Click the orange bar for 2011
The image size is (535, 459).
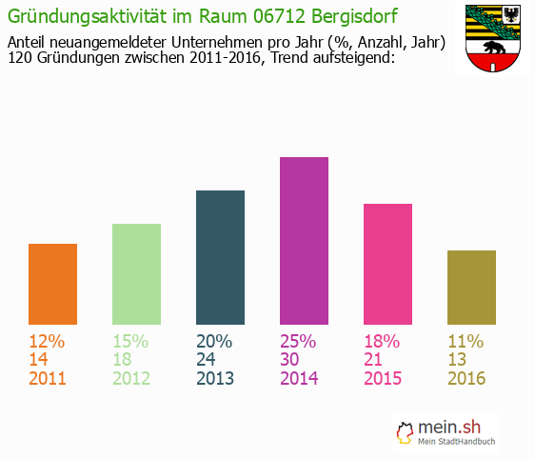pos(52,284)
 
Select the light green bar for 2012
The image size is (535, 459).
pos(136,274)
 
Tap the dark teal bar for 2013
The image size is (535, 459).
pos(220,257)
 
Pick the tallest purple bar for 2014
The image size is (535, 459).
pos(304,241)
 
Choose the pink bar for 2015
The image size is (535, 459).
pos(387,264)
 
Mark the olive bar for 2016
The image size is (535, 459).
pos(471,288)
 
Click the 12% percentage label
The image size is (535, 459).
pos(47,341)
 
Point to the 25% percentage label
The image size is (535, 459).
pos(298,341)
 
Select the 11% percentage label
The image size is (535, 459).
pos(466,341)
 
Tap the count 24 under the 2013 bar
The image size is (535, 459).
pos(207,360)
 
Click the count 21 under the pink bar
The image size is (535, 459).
pos(374,360)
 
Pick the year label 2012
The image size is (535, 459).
pos(131,378)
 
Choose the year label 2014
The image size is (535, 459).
pos(299,378)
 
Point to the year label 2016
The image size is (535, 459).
pos(466,378)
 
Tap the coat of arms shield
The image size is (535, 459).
pos(491,38)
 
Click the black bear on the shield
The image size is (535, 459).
pos(492,49)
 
